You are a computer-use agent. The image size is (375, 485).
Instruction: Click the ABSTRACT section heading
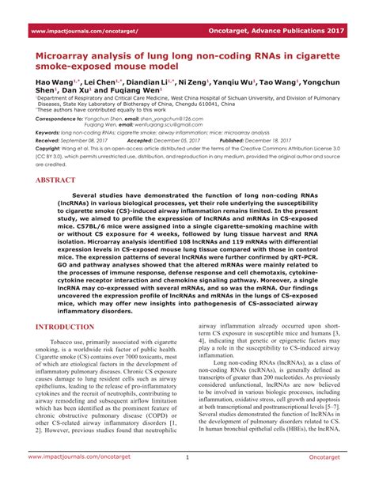(x=56, y=180)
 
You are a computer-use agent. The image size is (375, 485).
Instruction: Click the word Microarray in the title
(x=68, y=57)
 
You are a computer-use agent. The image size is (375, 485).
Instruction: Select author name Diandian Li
(x=149, y=82)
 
